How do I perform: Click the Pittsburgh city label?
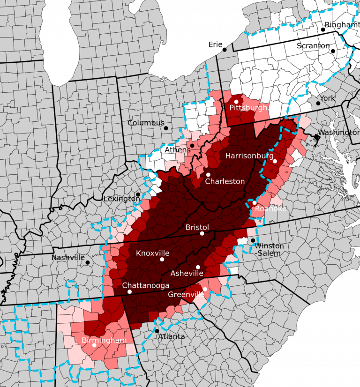click(248, 108)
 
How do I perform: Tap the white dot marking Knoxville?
click(162, 259)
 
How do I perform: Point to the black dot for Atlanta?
click(157, 331)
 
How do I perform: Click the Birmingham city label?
click(104, 340)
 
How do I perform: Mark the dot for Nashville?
click(87, 263)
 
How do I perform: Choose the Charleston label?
click(225, 181)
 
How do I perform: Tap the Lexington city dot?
click(138, 194)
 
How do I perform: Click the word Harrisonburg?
click(249, 155)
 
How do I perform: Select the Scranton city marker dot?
click(333, 51)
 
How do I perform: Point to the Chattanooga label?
click(145, 285)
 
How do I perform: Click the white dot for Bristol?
click(202, 233)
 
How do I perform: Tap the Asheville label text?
click(187, 273)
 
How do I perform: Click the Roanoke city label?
click(270, 209)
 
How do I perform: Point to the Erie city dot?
click(225, 49)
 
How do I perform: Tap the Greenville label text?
click(186, 295)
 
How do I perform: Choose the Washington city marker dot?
click(317, 138)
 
